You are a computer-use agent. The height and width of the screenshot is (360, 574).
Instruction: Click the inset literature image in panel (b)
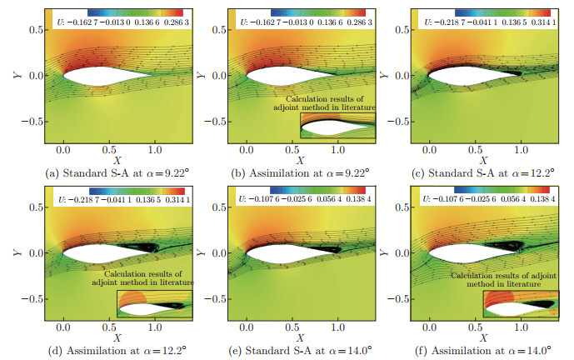338,127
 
